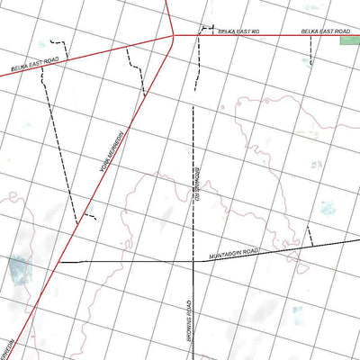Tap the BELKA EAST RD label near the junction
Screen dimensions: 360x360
(x=238, y=31)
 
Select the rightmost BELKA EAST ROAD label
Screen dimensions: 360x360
(x=324, y=31)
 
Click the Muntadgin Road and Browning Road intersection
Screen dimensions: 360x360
(x=193, y=259)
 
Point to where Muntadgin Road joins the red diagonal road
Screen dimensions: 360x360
(x=60, y=261)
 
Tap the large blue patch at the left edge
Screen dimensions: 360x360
(x=18, y=268)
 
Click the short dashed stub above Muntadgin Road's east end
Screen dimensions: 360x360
(x=309, y=236)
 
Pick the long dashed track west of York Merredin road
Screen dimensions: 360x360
(x=58, y=153)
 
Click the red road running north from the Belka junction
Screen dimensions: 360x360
(x=168, y=13)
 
